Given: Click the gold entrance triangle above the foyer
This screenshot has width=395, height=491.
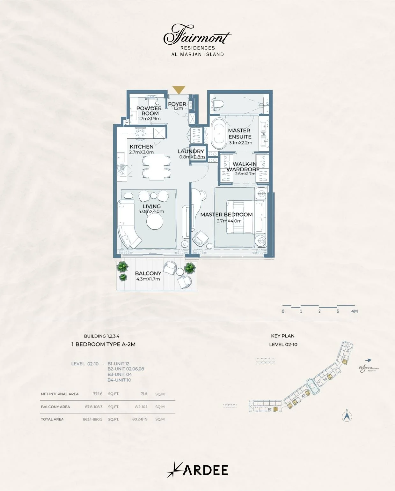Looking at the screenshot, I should (179, 90).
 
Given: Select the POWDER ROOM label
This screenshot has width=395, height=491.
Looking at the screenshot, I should (149, 111).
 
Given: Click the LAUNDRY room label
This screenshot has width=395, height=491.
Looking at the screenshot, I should (191, 151).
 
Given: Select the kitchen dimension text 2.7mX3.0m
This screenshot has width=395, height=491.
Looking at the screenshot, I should (141, 152).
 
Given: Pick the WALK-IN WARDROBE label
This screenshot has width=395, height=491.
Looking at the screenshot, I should (244, 167).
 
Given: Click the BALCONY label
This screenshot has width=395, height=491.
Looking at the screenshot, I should (148, 273).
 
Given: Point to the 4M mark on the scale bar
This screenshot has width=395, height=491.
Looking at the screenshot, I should (354, 311).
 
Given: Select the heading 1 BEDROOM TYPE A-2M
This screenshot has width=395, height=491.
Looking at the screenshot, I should (103, 344).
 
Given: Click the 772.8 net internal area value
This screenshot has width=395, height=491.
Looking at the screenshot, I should (98, 394).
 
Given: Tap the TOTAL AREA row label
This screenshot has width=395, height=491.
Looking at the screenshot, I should (52, 419).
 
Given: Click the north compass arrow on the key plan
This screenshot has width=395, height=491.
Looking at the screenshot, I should (347, 416).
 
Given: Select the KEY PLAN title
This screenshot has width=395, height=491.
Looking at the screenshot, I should (282, 336).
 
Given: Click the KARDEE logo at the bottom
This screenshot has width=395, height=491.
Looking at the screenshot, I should (198, 470).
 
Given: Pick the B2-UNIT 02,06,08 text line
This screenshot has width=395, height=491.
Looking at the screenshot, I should (126, 369).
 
